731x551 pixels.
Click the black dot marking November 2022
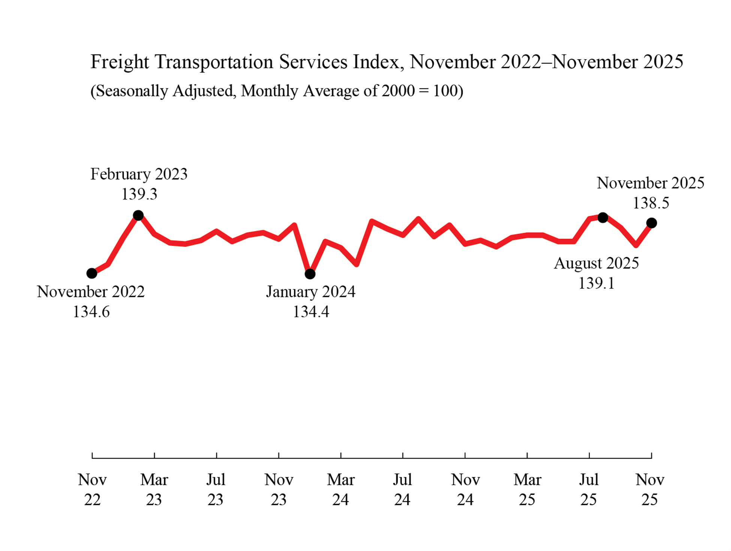point(92,273)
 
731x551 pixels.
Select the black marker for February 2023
point(138,216)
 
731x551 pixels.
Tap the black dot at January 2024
point(310,274)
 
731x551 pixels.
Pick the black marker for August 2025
point(602,217)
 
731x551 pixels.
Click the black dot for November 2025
point(652,223)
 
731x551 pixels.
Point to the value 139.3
point(139,194)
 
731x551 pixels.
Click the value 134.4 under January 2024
point(311,312)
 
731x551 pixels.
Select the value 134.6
point(91,312)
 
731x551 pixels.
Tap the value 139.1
point(596,283)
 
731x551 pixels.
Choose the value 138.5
point(651,203)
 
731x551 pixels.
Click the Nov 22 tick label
point(92,490)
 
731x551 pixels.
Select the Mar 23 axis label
point(154,490)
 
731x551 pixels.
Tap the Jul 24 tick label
point(403,490)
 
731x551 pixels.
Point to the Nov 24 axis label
point(465,490)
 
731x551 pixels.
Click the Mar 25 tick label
point(527,490)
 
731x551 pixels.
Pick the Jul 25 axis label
point(589,490)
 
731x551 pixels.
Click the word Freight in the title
point(120,62)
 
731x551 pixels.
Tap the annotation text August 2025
point(596,263)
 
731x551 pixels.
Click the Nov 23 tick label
point(279,490)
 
